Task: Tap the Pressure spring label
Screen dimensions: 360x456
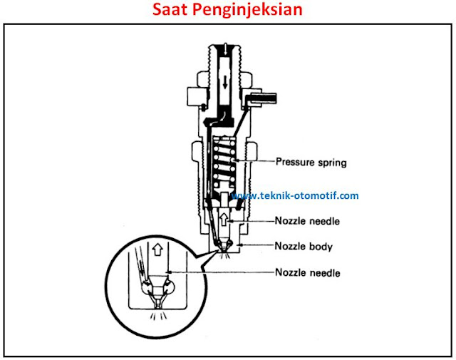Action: pyautogui.click(x=311, y=163)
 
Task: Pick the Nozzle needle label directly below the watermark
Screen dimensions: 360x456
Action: pyautogui.click(x=308, y=221)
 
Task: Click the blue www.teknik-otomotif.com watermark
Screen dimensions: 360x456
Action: pyautogui.click(x=296, y=196)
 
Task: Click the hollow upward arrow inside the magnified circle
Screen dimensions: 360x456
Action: pyautogui.click(x=157, y=250)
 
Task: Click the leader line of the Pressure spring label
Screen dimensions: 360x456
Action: pyautogui.click(x=259, y=163)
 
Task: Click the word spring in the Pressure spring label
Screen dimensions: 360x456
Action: pyautogui.click(x=331, y=163)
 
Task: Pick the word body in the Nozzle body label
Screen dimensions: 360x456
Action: pyautogui.click(x=321, y=247)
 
